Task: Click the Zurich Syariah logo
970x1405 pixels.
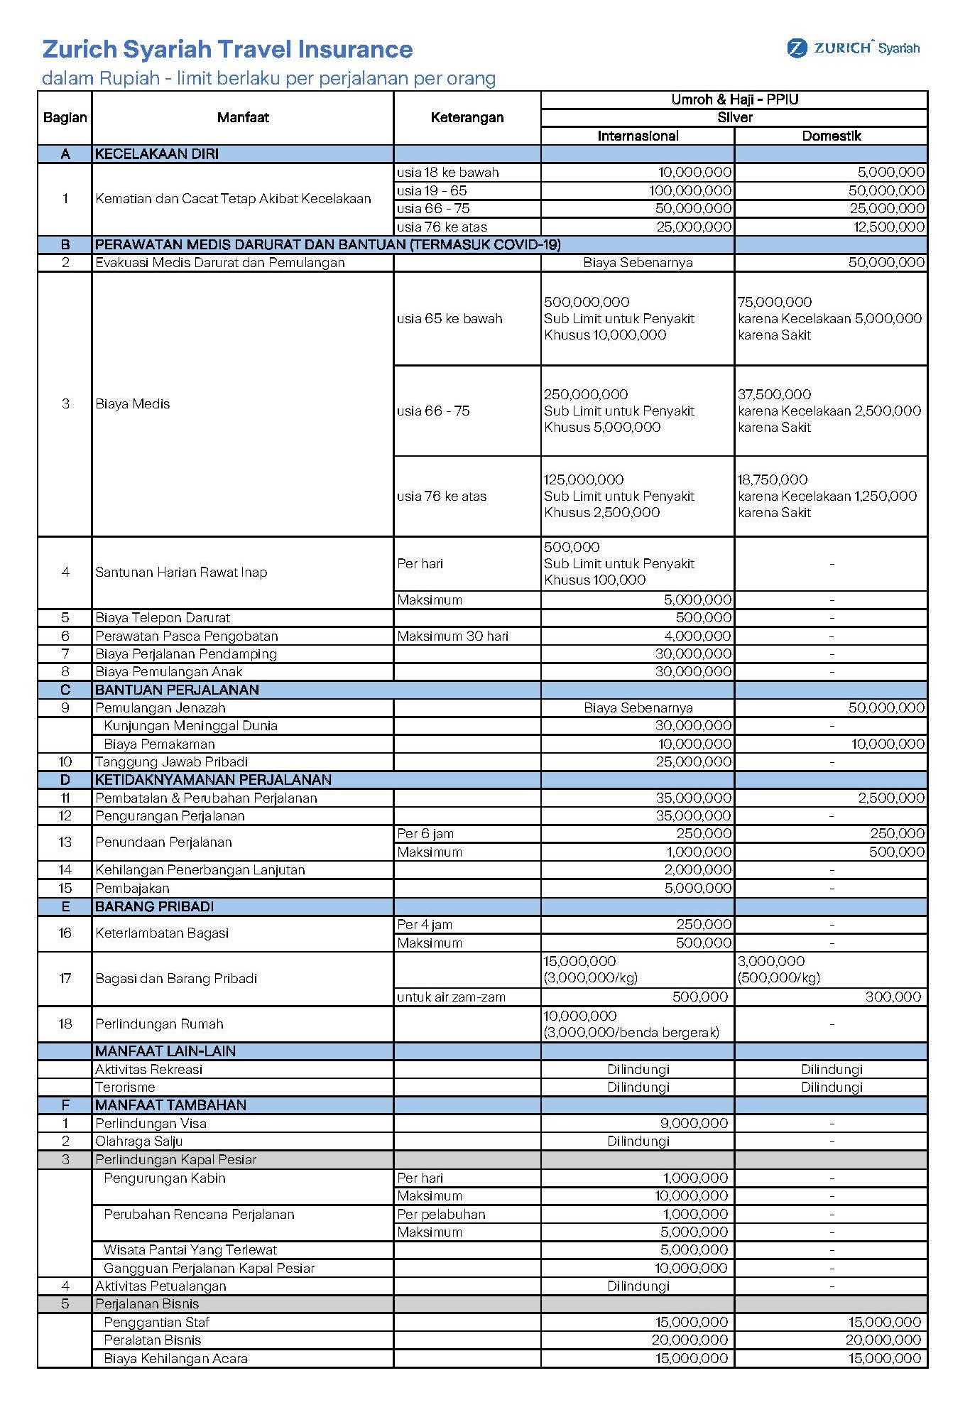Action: coord(853,48)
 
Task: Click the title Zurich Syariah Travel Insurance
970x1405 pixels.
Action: coord(227,49)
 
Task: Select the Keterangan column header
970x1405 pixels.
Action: coord(467,117)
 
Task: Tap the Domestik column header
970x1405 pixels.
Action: coord(831,136)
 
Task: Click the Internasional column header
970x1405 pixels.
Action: coord(638,136)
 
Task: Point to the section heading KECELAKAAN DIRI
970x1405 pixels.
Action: coord(157,153)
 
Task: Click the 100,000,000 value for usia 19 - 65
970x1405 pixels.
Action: coord(690,190)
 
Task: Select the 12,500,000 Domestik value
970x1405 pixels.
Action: coord(890,227)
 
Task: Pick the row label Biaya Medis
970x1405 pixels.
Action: coord(133,403)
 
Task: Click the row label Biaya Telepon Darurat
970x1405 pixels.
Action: coord(163,617)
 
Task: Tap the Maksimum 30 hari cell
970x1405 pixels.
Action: coord(452,636)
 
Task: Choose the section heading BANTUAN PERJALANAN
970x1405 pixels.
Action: coord(177,690)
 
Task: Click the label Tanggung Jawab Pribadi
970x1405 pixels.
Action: coord(171,761)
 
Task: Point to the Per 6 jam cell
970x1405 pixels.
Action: coord(425,833)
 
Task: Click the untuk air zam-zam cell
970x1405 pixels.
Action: coord(451,997)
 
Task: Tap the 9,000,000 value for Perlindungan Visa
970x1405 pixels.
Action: coord(694,1123)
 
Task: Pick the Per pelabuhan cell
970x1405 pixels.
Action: coord(441,1214)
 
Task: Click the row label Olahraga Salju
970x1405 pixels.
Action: coord(139,1141)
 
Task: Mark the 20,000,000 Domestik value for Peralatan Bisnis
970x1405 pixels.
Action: coord(883,1340)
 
